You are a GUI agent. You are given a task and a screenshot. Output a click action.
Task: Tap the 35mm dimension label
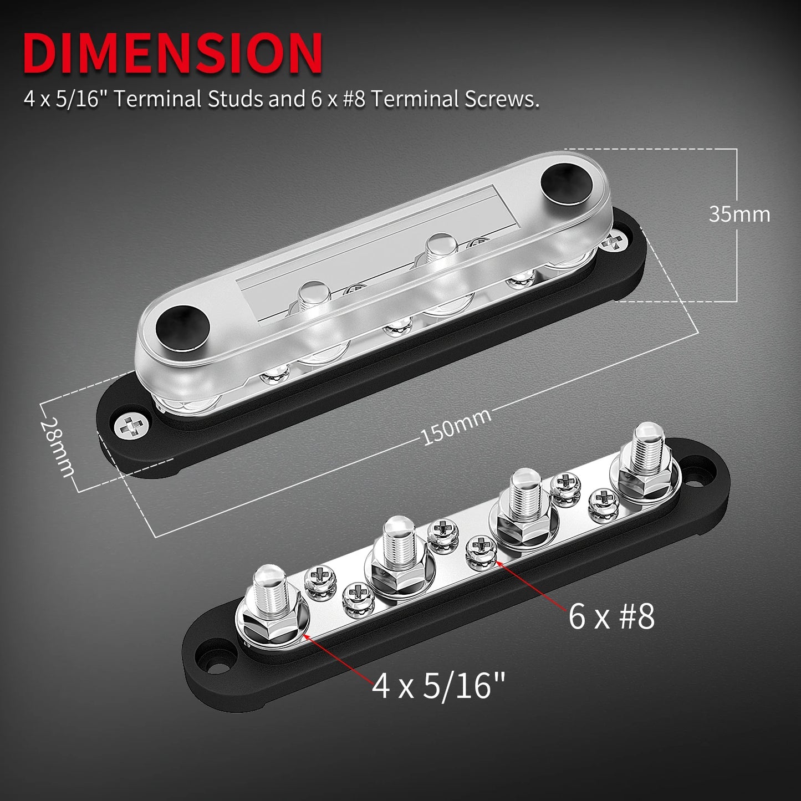[739, 215]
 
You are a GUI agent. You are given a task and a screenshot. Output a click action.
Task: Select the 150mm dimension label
[456, 427]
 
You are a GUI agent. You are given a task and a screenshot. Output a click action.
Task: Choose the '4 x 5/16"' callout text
[439, 686]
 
